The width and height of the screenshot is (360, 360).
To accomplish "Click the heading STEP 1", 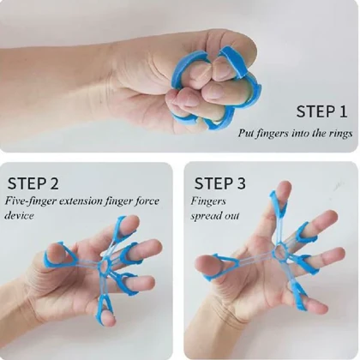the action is (x=321, y=111).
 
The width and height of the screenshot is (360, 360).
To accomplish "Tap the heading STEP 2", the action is (x=33, y=183).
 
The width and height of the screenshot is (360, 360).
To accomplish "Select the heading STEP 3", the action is (x=219, y=183).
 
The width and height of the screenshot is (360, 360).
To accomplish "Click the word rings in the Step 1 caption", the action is (x=340, y=134).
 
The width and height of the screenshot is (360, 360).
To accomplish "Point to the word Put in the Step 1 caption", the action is (x=245, y=133).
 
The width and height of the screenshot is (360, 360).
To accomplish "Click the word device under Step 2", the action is (x=19, y=215).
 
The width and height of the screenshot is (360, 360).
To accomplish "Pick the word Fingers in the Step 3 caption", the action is (x=208, y=201).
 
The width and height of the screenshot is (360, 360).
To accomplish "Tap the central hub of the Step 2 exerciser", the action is (x=104, y=265).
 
